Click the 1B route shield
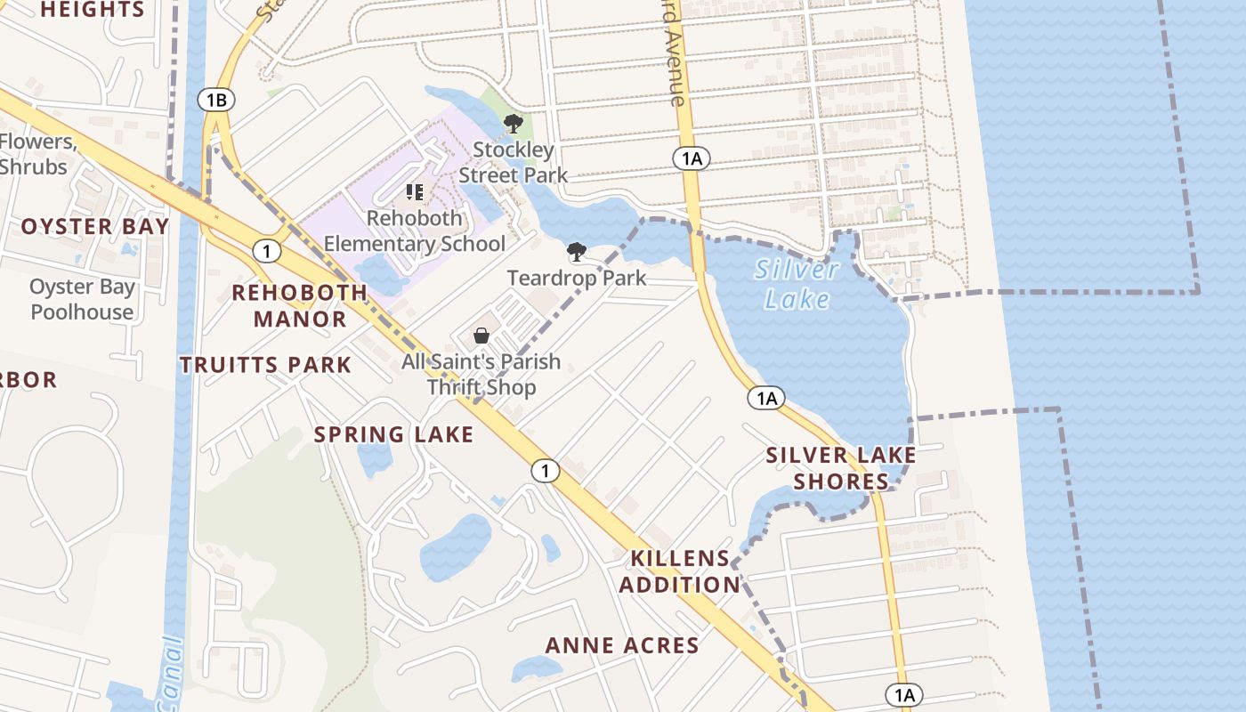click(216, 100)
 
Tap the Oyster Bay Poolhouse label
click(82, 299)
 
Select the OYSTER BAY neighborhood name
click(95, 226)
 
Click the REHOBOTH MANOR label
click(300, 305)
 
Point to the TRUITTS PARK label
click(265, 365)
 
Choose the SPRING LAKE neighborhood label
click(393, 434)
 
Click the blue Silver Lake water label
click(797, 284)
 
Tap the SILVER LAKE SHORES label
click(841, 468)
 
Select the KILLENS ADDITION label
click(681, 571)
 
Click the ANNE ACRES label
click(622, 645)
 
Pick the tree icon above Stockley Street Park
click(513, 124)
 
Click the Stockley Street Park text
click(514, 162)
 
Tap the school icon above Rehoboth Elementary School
click(414, 192)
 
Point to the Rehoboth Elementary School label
click(415, 231)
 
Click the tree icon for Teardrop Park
click(577, 252)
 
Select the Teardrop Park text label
click(577, 279)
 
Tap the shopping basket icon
click(481, 336)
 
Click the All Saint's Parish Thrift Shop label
click(481, 375)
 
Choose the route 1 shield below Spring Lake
click(546, 471)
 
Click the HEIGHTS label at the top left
click(93, 10)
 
